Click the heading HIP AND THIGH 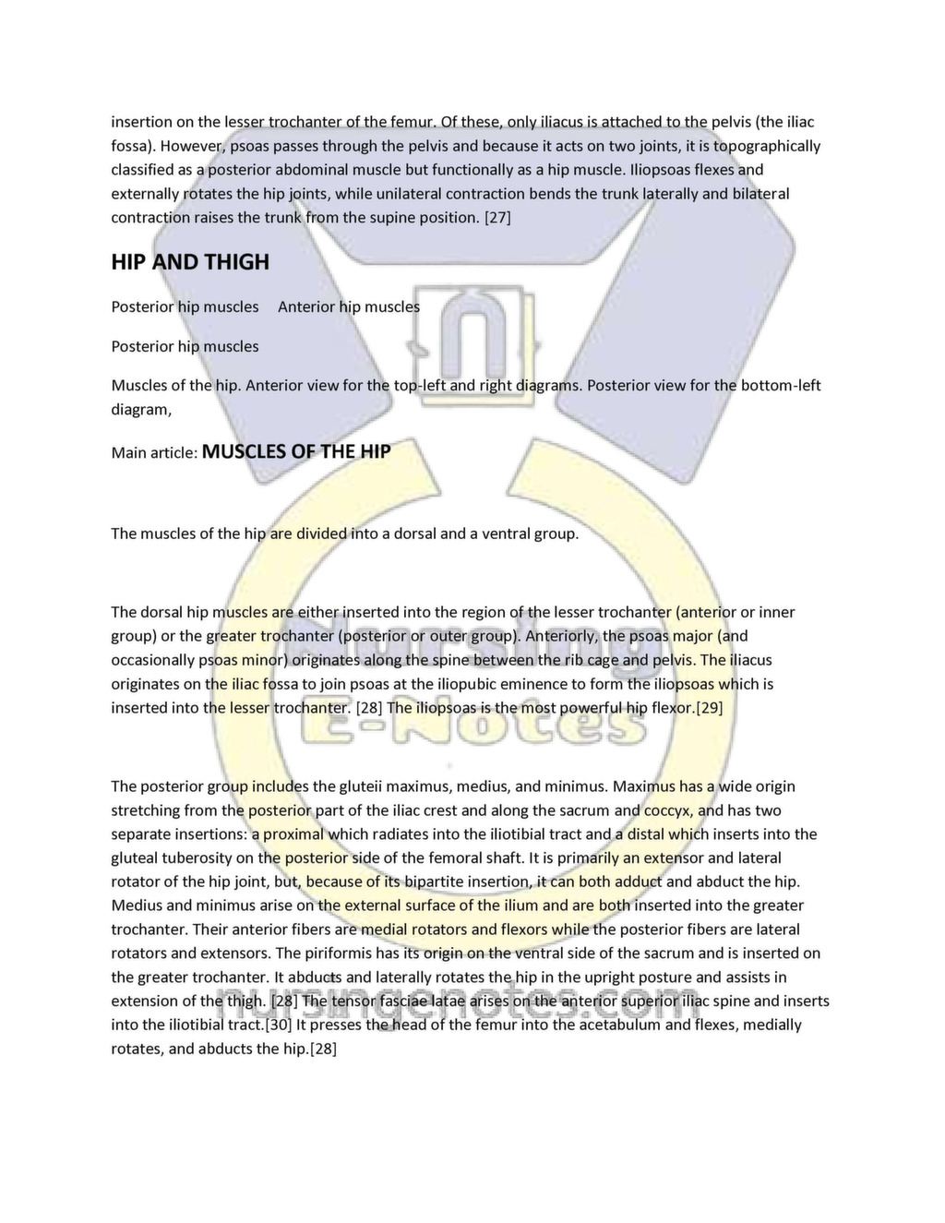(x=190, y=262)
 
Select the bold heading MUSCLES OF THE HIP (x=295, y=452)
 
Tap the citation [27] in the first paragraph (x=497, y=218)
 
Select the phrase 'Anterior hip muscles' (x=349, y=306)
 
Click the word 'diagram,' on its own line (x=141, y=409)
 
